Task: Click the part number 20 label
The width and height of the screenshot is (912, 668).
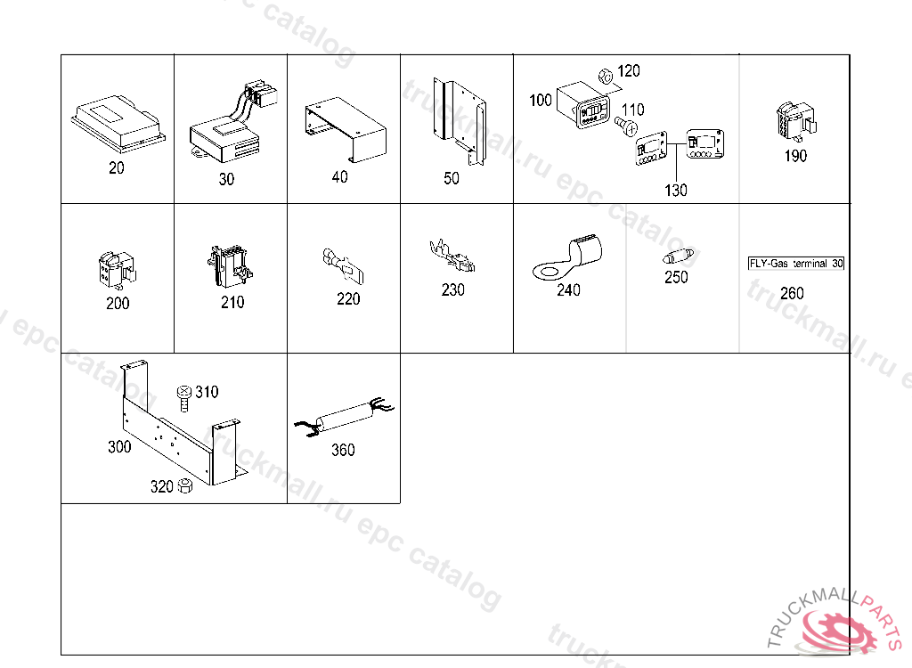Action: (117, 167)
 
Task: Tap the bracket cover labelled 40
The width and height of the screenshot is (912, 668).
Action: (346, 130)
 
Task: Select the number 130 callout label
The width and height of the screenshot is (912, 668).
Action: (675, 190)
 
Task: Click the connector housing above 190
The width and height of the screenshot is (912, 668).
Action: (792, 122)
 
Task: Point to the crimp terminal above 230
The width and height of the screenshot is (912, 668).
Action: (452, 258)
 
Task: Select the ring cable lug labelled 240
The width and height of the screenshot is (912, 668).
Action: (568, 256)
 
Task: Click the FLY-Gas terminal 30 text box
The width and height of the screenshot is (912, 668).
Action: (794, 264)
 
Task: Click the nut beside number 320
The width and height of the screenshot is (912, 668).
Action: (185, 485)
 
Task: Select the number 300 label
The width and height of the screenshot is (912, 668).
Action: (119, 447)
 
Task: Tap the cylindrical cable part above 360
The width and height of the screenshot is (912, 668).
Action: (343, 417)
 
